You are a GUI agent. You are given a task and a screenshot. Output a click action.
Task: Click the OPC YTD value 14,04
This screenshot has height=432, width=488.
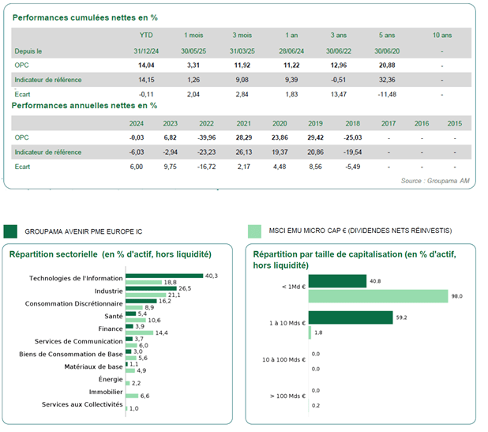(146, 66)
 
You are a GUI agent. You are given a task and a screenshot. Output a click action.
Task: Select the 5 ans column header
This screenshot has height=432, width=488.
(387, 36)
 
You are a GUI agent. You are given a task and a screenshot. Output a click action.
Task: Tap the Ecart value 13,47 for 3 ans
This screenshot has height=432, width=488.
(338, 94)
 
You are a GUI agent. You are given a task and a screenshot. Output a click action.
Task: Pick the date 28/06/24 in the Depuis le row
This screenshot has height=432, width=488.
(291, 51)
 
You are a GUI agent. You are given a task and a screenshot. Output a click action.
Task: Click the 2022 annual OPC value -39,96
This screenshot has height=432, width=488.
(206, 137)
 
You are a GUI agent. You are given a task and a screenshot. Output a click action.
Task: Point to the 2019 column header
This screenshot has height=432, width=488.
(315, 123)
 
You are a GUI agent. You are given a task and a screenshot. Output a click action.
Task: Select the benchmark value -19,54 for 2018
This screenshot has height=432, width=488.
(353, 152)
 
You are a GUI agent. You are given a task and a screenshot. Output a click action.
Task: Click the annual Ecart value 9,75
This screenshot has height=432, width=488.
(171, 167)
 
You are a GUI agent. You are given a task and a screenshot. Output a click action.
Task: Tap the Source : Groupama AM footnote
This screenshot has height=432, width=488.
(435, 181)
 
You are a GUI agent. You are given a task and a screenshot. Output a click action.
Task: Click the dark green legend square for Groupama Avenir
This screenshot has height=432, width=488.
(10, 231)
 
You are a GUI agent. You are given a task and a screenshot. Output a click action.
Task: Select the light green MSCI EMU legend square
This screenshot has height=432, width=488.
(254, 231)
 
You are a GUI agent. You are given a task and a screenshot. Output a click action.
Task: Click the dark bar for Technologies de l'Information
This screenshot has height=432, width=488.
(164, 276)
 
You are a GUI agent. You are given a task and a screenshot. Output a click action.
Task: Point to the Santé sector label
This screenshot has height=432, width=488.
(114, 316)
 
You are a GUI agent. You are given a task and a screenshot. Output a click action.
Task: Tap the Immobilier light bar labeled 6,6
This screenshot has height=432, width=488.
(132, 396)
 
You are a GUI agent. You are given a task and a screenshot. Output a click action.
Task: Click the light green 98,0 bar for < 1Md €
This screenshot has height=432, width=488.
(378, 296)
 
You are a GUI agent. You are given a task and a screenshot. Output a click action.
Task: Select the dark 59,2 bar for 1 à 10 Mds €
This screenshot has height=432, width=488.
(351, 317)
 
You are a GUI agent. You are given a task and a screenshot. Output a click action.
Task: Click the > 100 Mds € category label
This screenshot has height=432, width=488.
(287, 396)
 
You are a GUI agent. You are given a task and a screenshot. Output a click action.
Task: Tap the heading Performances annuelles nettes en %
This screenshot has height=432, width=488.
(84, 106)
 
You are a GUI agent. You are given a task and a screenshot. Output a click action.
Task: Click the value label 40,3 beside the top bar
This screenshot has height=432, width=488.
(212, 276)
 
